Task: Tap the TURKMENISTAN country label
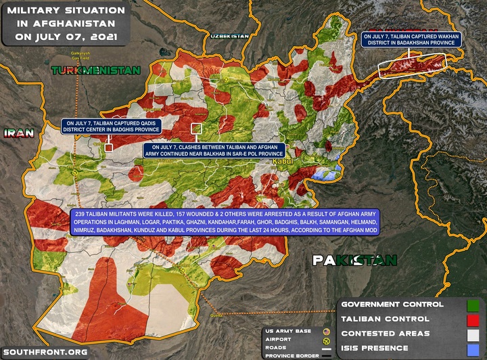click(x=95, y=70)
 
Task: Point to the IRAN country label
click(x=18, y=133)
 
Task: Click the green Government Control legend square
click(x=473, y=304)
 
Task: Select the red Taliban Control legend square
click(x=473, y=319)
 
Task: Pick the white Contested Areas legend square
click(x=473, y=334)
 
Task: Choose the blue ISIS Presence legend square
click(x=473, y=348)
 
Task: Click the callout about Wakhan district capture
click(x=411, y=40)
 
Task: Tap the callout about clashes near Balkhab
click(x=214, y=151)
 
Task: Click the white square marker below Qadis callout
click(x=108, y=146)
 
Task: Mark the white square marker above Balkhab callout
click(x=197, y=127)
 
